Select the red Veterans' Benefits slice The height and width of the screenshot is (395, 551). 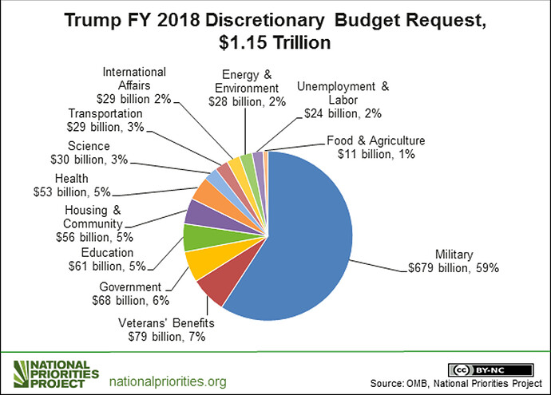point(213,288)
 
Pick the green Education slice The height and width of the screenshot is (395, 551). point(195,238)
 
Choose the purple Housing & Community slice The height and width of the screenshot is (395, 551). point(198,211)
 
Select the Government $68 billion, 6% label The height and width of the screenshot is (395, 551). point(130,293)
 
